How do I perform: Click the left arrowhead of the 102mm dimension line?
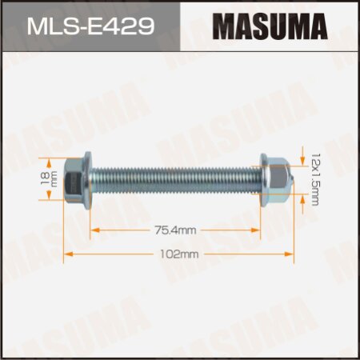pyautogui.click(x=67, y=254)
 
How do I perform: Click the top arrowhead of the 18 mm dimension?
pyautogui.click(x=56, y=158)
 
